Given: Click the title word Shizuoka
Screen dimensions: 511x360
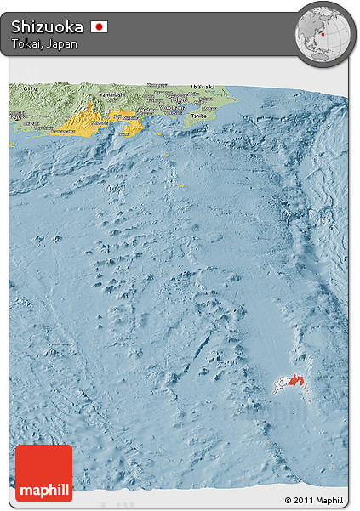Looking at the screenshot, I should tap(48, 26).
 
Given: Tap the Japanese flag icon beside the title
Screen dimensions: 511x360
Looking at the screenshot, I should tap(100, 27).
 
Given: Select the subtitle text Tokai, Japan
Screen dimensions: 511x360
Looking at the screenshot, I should tap(44, 44).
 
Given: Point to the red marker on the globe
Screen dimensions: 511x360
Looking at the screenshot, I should tap(323, 35).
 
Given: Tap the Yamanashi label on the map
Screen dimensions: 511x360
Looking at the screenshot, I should tap(111, 92).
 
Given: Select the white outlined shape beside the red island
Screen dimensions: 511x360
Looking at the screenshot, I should tap(279, 388).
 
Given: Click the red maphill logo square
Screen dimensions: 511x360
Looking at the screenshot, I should tap(43, 473).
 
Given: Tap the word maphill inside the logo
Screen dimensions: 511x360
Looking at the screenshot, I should tap(43, 490).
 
